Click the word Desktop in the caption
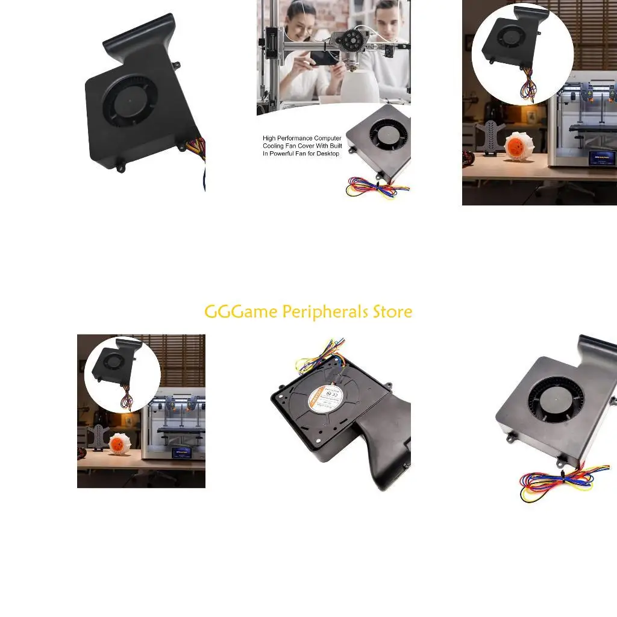[325, 154]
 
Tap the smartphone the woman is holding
[324, 57]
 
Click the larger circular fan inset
[514, 54]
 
